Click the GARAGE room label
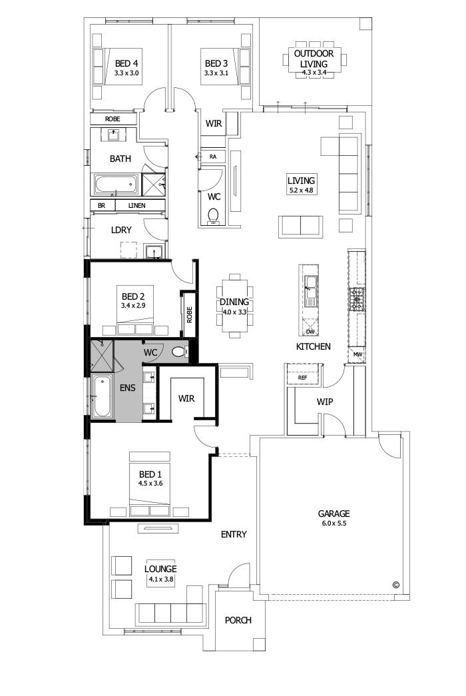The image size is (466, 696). point(333,514)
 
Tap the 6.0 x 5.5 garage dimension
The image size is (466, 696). point(333,523)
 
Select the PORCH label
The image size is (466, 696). point(238,620)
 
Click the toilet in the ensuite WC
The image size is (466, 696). point(178,352)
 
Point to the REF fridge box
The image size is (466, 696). point(303,378)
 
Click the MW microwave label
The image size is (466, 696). point(357,354)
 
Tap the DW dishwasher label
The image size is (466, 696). point(310,331)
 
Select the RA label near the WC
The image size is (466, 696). point(213,156)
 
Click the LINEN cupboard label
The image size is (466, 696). point(137,206)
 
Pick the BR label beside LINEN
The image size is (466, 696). point(101,206)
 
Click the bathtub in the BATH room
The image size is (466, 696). point(115,183)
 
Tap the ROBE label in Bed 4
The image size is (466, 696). point(113,119)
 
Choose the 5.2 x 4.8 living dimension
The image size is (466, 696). point(300,190)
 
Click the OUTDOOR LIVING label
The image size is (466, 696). point(318,58)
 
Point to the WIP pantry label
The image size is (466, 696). point(324,402)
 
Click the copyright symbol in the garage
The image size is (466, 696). point(395,585)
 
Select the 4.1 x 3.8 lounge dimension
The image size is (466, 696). point(160,579)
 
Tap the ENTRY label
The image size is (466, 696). point(234,534)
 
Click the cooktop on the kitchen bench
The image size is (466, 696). point(356,300)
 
